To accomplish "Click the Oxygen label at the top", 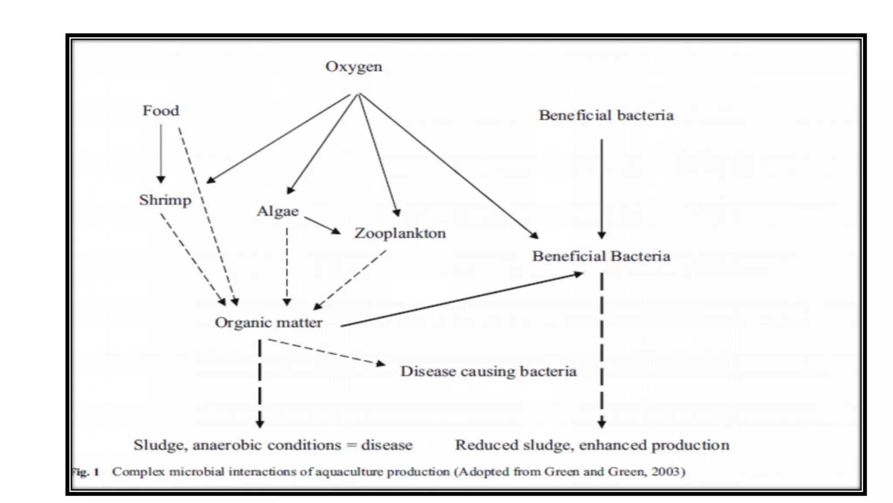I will [354, 67].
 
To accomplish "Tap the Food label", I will [160, 111].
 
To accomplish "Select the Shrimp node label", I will [165, 200].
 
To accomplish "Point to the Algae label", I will [278, 211].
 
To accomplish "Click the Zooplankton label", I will [400, 233].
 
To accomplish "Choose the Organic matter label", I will [269, 323].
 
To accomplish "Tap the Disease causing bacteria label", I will [488, 371].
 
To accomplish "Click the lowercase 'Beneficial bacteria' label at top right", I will [606, 115].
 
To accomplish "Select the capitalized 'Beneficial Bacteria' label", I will [601, 256].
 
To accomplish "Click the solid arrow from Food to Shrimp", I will [161, 153].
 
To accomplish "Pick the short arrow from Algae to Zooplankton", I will [322, 225].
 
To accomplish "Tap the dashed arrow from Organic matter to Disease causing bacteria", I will [326, 352].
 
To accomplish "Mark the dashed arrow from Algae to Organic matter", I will [287, 266].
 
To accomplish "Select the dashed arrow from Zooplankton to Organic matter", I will [351, 280].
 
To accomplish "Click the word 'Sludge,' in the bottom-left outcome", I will [160, 445].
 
